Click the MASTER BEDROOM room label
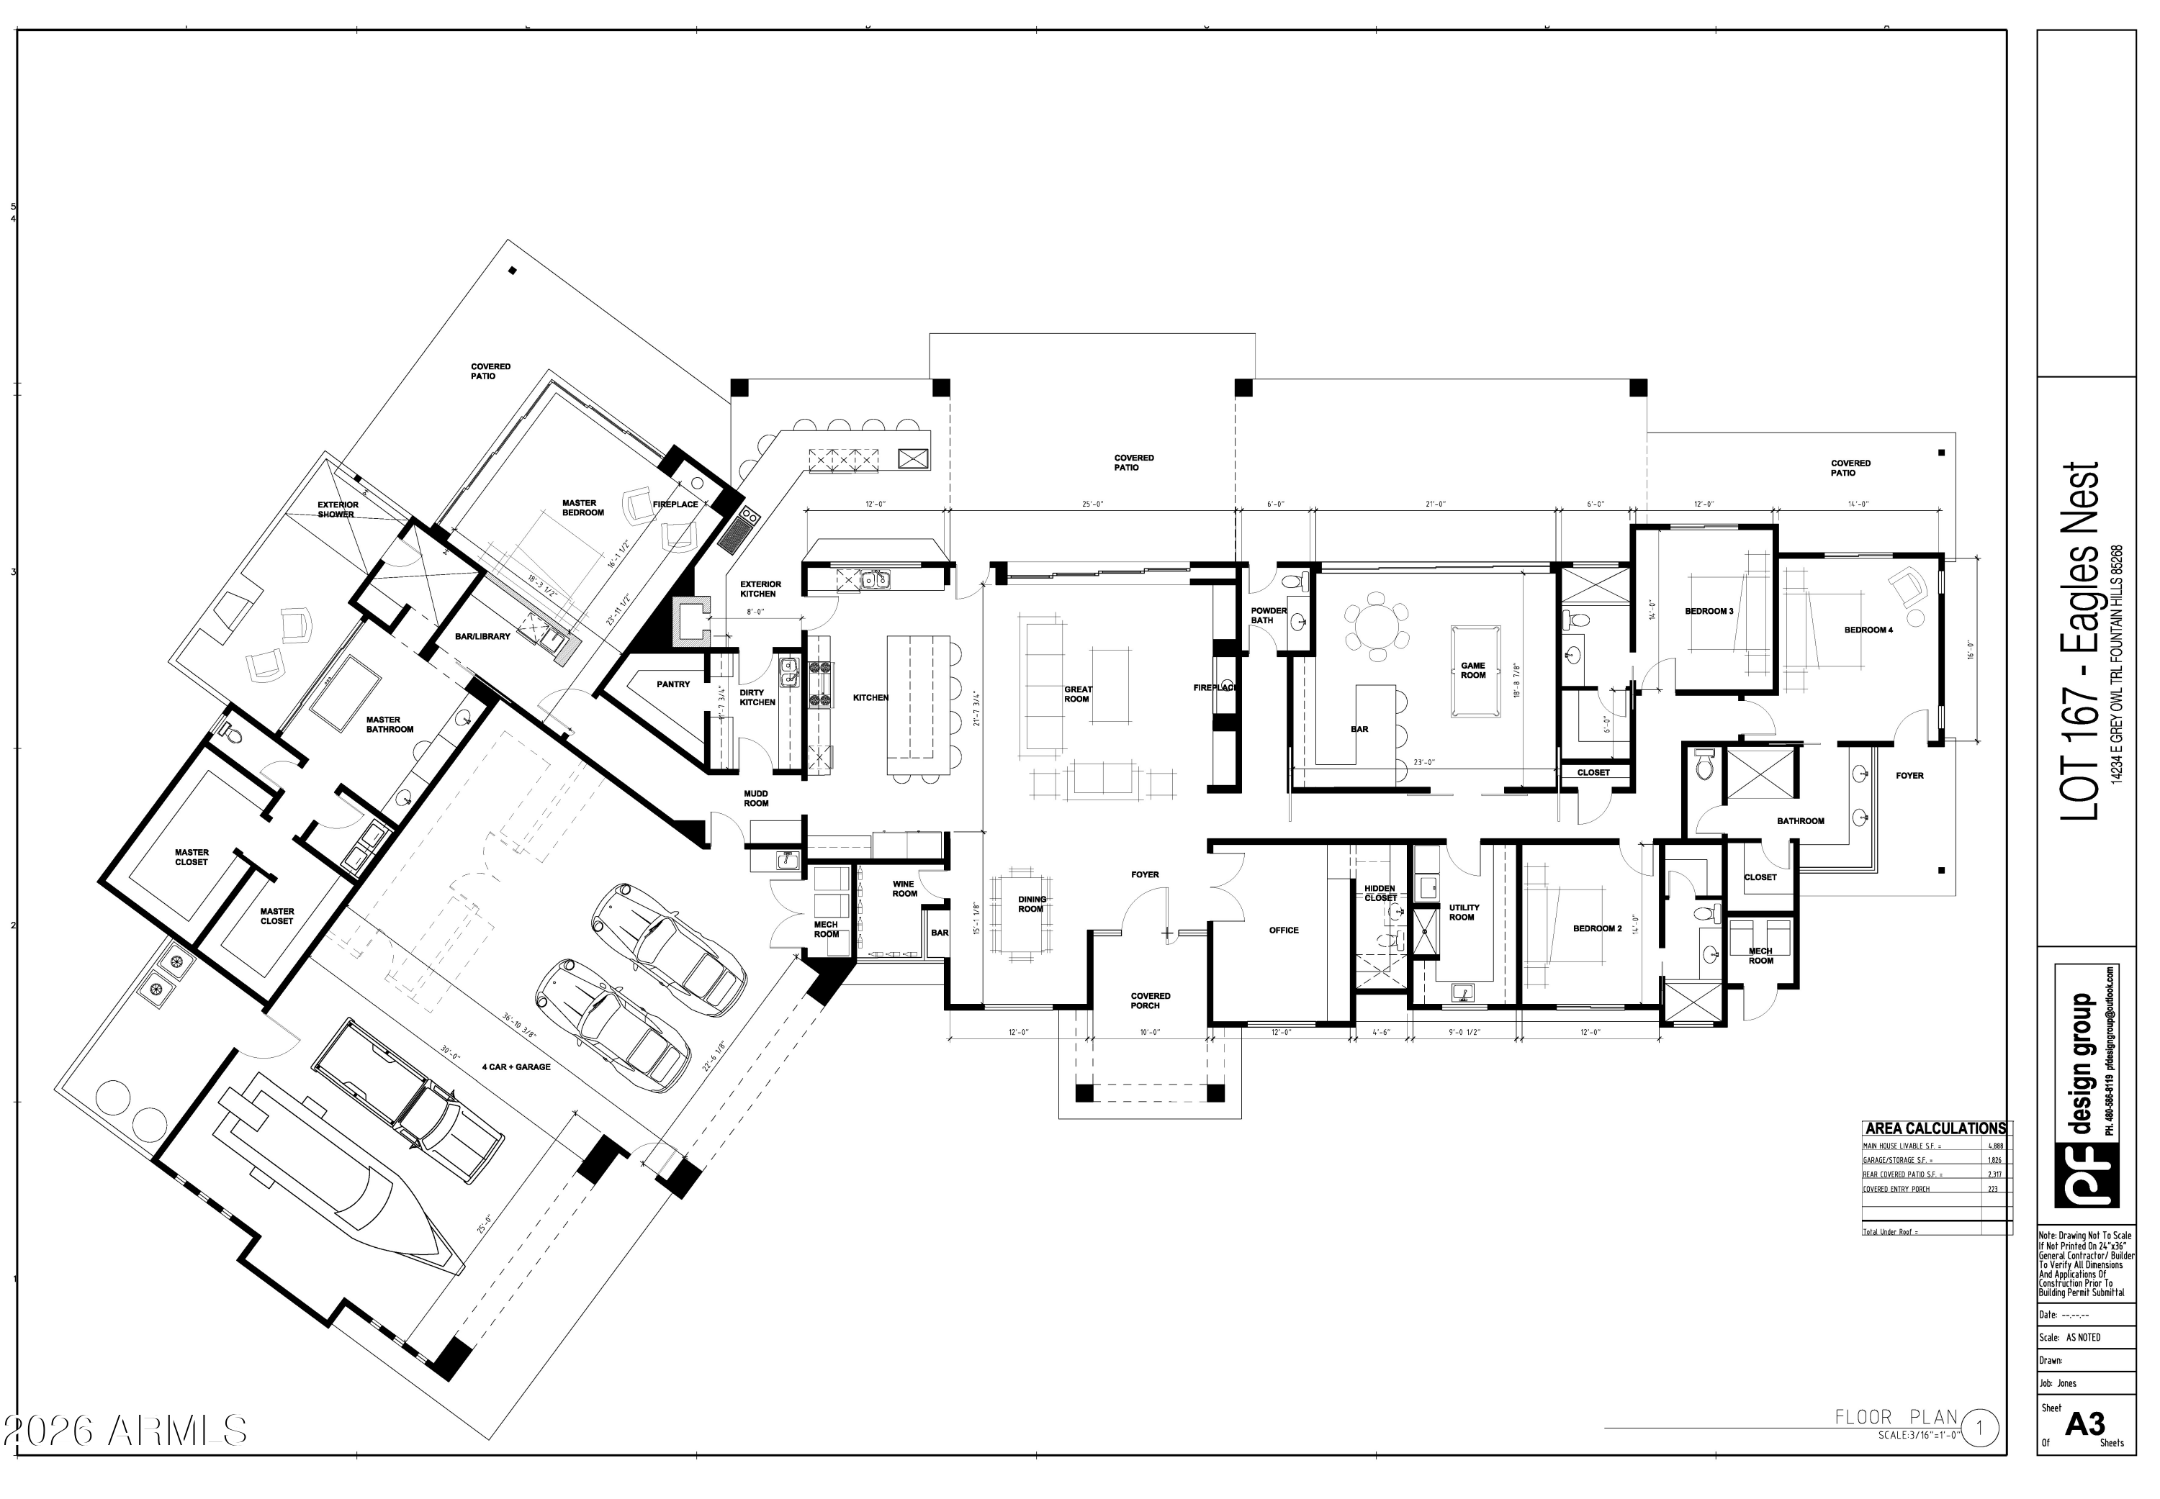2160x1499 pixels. (582, 508)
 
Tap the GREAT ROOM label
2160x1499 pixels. (1078, 694)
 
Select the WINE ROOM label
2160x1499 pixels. (904, 889)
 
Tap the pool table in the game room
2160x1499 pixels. (1472, 670)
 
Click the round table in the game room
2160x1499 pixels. (1377, 625)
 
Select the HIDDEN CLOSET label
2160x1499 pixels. (1380, 892)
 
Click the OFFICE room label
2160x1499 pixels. (1284, 930)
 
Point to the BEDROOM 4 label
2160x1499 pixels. (1868, 629)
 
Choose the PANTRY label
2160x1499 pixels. (672, 684)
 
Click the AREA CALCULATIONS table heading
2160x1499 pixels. (1935, 1128)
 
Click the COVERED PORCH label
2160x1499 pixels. (1150, 1000)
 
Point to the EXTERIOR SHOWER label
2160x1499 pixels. (336, 509)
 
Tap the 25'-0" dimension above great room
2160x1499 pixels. (1091, 504)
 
